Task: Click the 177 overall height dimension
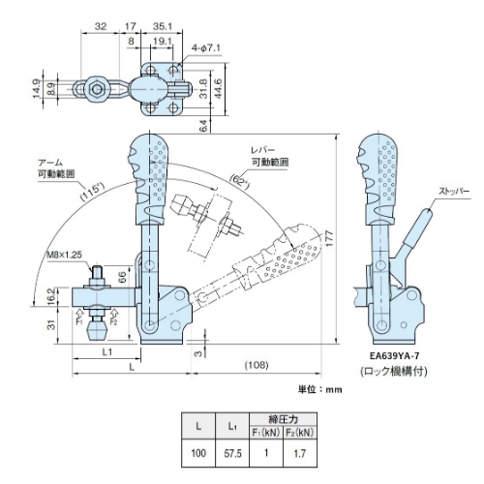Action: click(x=329, y=239)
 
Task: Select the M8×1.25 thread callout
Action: click(x=64, y=255)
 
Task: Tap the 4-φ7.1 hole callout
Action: click(x=206, y=48)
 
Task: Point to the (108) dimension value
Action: click(x=257, y=365)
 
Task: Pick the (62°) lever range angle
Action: click(x=240, y=182)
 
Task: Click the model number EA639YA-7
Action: click(x=395, y=356)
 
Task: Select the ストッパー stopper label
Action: click(x=454, y=191)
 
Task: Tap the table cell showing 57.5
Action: click(x=232, y=453)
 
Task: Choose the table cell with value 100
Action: click(x=198, y=453)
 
